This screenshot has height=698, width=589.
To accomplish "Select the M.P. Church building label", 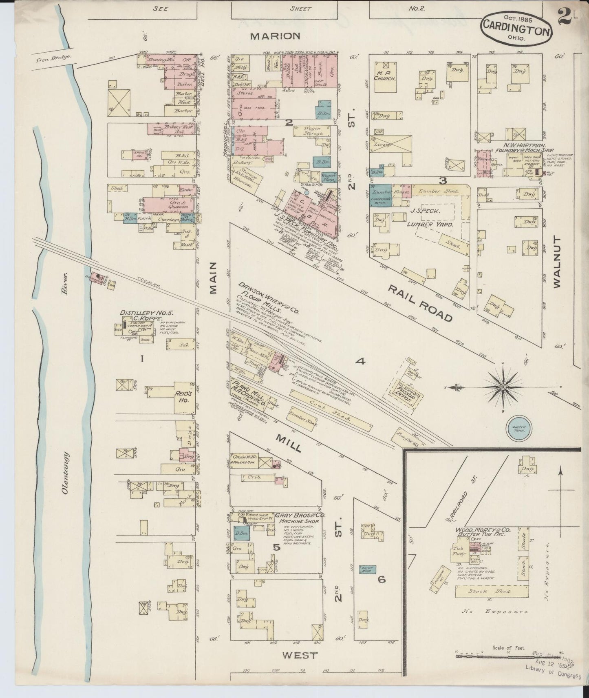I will pyautogui.click(x=384, y=75).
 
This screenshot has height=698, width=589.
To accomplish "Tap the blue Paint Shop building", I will pyautogui.click(x=366, y=569).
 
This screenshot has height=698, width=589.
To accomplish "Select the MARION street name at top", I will pyautogui.click(x=275, y=36).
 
